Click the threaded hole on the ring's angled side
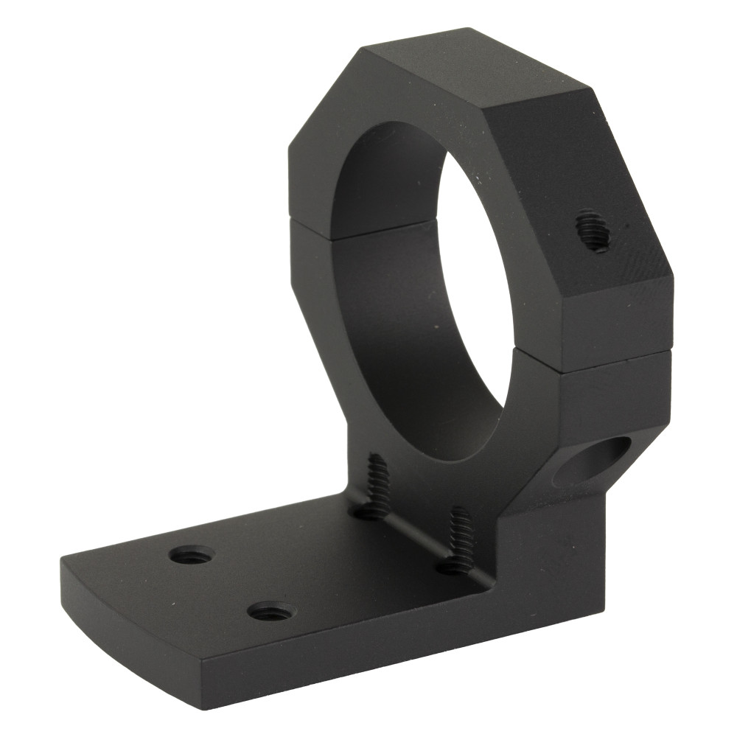593,231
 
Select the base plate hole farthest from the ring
191,554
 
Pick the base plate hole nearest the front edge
270,611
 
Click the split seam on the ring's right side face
615,359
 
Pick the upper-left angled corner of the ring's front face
324,96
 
